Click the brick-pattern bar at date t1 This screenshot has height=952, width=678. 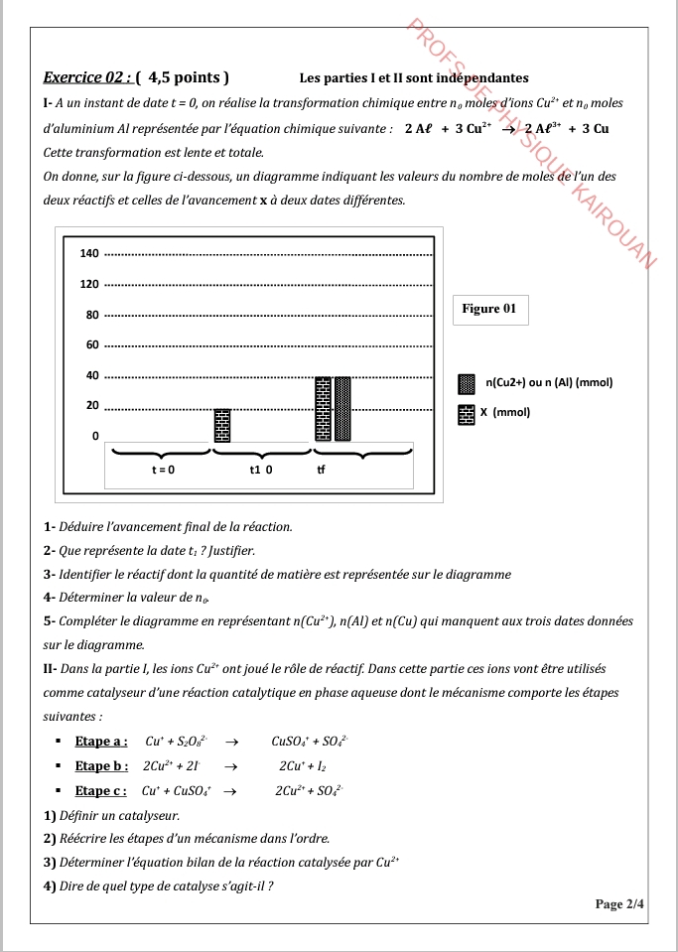point(222,425)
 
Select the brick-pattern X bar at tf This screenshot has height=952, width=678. point(323,408)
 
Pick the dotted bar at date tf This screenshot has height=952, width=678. point(342,408)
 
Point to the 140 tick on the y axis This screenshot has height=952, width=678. point(89,254)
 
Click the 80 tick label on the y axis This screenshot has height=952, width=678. point(91,315)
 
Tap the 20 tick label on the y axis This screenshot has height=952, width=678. point(91,406)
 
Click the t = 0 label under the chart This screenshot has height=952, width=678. point(163,471)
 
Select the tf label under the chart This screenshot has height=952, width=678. point(321,471)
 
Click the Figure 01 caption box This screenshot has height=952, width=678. point(489,309)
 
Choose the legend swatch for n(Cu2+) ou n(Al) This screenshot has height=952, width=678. point(466,383)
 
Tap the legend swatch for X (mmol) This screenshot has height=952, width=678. point(466,414)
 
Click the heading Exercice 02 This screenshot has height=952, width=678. point(87,76)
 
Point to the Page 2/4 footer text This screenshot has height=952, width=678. point(619,903)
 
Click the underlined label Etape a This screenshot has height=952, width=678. point(101,741)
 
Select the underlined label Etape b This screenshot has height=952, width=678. point(101,765)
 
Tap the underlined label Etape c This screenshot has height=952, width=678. point(101,790)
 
